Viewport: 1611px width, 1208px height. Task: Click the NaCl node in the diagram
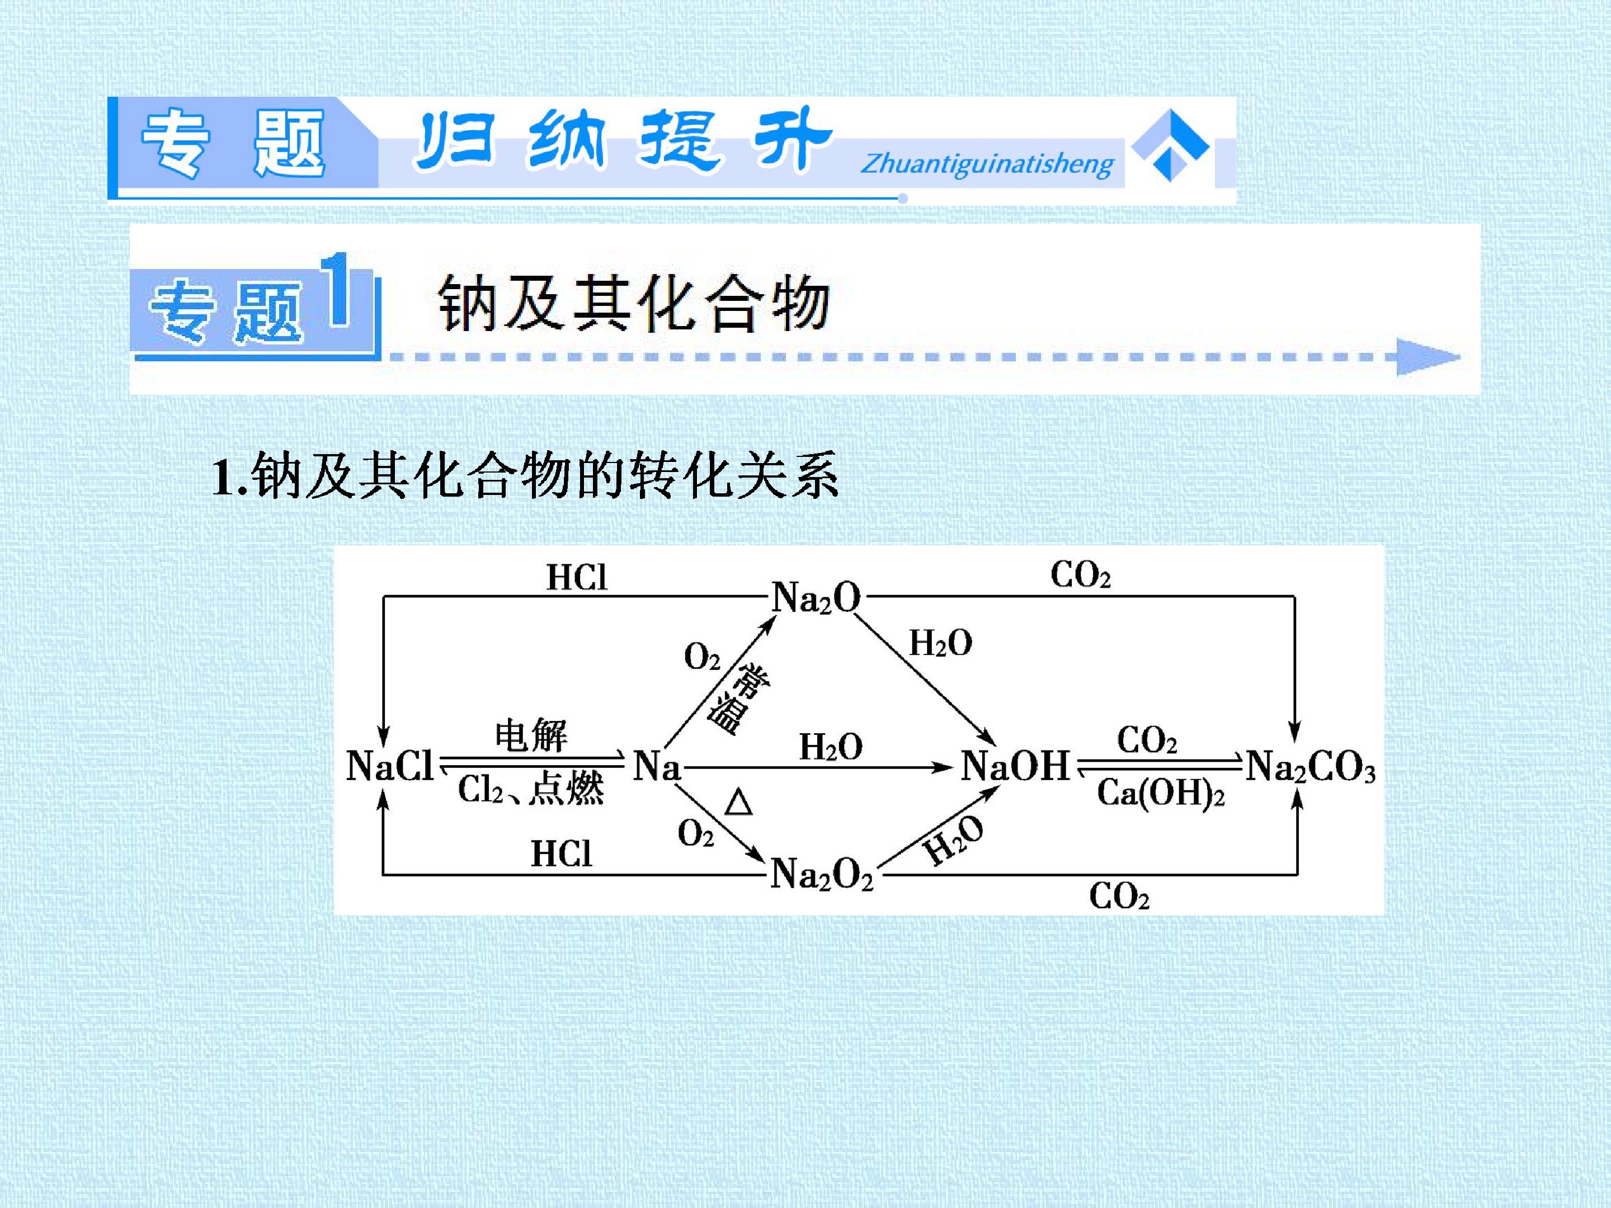[390, 766]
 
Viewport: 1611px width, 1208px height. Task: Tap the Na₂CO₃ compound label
[1310, 767]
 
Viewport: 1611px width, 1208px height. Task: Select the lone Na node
[657, 766]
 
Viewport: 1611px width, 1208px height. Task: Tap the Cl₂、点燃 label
[531, 789]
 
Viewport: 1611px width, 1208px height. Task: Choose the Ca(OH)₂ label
[1161, 793]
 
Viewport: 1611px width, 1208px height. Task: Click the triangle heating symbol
[738, 803]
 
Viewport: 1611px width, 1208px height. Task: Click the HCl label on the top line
[577, 577]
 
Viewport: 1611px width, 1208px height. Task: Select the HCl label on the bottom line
[561, 853]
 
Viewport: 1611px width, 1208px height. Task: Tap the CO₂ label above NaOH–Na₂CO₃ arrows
[1147, 740]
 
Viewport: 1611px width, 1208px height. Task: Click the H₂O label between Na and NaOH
[831, 747]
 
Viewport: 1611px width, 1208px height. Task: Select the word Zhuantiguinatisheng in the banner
[987, 164]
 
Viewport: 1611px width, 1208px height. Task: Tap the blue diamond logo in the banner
[1170, 145]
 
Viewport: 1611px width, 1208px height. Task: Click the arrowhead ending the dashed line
[1428, 357]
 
